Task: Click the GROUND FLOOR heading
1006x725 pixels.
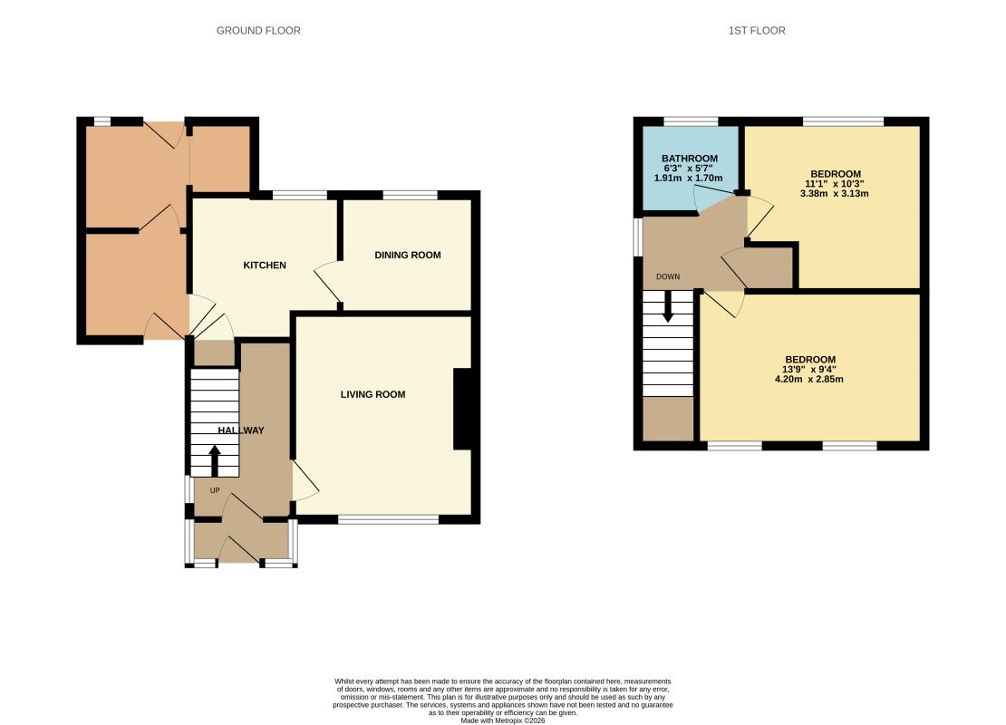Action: pyautogui.click(x=258, y=30)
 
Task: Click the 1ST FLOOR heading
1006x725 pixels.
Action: pyautogui.click(x=757, y=30)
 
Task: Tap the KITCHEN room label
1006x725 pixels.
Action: pyautogui.click(x=265, y=265)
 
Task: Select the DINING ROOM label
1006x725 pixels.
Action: pyautogui.click(x=408, y=255)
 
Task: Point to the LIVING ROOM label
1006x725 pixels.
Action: pyautogui.click(x=372, y=394)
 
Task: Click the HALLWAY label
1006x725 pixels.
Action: pyautogui.click(x=240, y=430)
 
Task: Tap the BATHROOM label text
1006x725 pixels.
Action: pyautogui.click(x=690, y=159)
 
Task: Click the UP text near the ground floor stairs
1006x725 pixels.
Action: pyautogui.click(x=215, y=490)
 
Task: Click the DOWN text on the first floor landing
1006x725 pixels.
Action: pyautogui.click(x=668, y=276)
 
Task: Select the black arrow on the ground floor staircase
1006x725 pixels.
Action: pyautogui.click(x=215, y=461)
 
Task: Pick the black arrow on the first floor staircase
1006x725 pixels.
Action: pyautogui.click(x=668, y=306)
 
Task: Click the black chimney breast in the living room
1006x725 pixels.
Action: pyautogui.click(x=463, y=409)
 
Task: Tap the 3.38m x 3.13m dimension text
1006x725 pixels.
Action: pyautogui.click(x=835, y=193)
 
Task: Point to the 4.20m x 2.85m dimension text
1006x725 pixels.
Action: pyautogui.click(x=809, y=379)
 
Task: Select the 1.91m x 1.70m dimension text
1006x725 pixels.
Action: pyautogui.click(x=689, y=178)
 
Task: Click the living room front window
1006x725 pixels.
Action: pyautogui.click(x=388, y=519)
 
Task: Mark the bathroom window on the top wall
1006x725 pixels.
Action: pyautogui.click(x=691, y=121)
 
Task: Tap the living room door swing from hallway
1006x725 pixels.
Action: pyautogui.click(x=306, y=480)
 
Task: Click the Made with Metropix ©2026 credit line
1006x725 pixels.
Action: pyautogui.click(x=502, y=720)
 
